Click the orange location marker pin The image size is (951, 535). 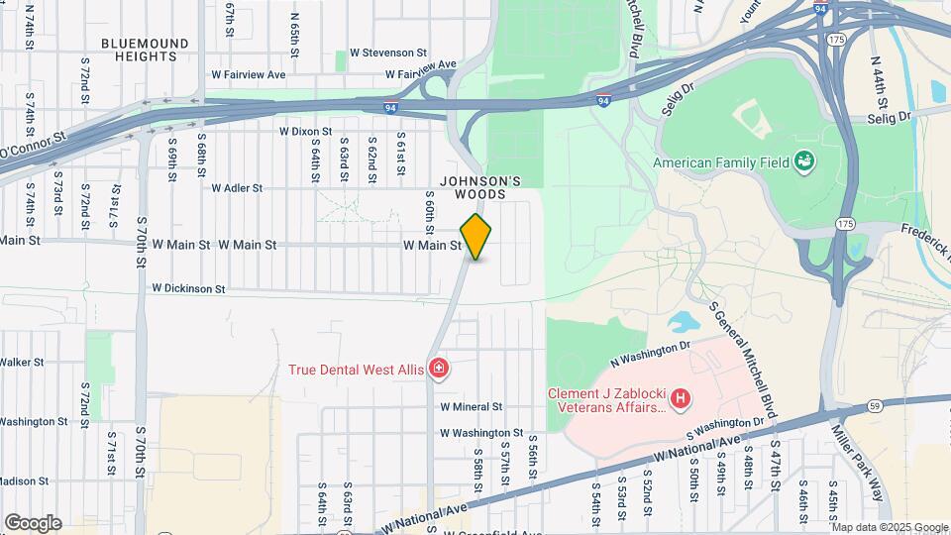click(476, 237)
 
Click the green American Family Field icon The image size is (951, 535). click(803, 160)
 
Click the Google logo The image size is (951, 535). click(33, 523)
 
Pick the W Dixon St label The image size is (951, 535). click(305, 131)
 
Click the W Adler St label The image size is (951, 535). click(237, 187)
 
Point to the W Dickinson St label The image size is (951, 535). click(188, 289)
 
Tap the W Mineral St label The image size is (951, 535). click(472, 406)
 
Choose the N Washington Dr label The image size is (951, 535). click(650, 349)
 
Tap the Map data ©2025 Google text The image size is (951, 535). click(891, 527)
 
